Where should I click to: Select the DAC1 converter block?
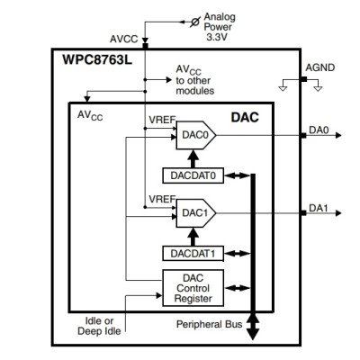(x=189, y=212)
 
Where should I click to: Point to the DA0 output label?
(x=318, y=130)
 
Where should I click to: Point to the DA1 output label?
(x=318, y=208)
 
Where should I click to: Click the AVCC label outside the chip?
(x=123, y=40)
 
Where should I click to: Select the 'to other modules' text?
(x=195, y=86)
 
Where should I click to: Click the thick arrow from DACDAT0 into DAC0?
(x=190, y=157)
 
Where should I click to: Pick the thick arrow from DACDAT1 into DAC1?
(x=190, y=235)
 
